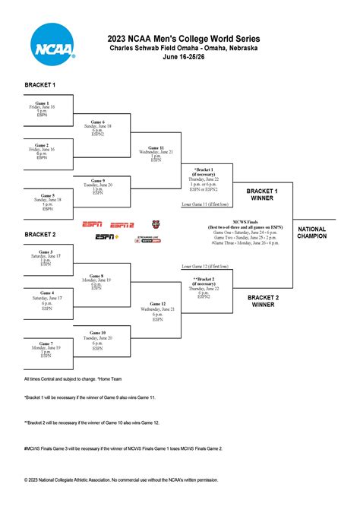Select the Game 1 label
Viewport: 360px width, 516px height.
pyautogui.click(x=42, y=103)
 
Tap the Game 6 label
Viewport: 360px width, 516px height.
pyautogui.click(x=96, y=122)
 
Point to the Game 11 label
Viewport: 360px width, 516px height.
pyautogui.click(x=156, y=147)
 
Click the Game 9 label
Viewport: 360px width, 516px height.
pyautogui.click(x=98, y=181)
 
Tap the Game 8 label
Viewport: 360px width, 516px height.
pyautogui.click(x=96, y=277)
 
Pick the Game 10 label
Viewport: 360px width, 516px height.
pyautogui.click(x=98, y=332)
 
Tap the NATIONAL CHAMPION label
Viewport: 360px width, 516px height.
pyautogui.click(x=312, y=233)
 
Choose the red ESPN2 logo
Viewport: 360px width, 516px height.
pyautogui.click(x=122, y=225)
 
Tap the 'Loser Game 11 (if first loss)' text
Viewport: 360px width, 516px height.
pyautogui.click(x=207, y=204)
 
